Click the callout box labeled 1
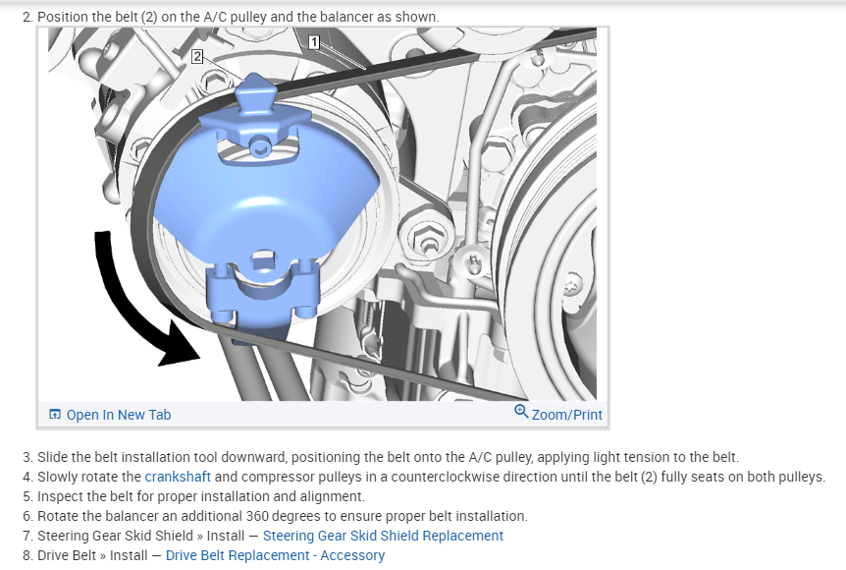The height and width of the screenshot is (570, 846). tap(313, 41)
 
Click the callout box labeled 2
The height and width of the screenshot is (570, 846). tap(197, 57)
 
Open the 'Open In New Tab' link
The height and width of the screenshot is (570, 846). tap(118, 415)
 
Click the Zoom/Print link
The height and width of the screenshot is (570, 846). tap(566, 415)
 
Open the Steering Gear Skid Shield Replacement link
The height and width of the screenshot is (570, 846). tap(383, 536)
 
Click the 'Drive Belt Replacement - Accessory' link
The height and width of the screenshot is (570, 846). tap(275, 555)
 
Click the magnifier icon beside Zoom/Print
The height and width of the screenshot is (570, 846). tap(521, 413)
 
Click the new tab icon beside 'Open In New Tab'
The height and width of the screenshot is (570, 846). tap(55, 415)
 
